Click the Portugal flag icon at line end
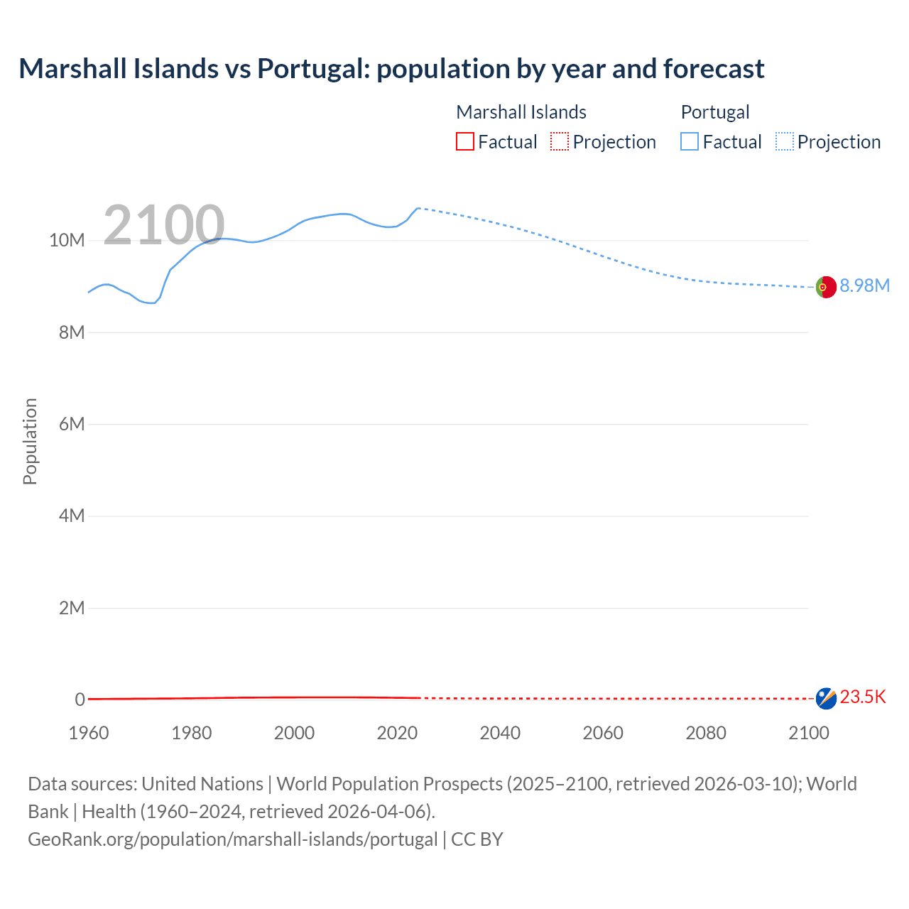[x=826, y=287]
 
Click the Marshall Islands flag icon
[x=826, y=698]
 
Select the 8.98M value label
[x=864, y=285]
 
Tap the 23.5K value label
[x=863, y=697]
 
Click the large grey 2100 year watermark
[x=164, y=225]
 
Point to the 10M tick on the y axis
[x=67, y=240]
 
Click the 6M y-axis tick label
[x=71, y=424]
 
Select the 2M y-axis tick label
[x=71, y=608]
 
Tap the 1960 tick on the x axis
[x=89, y=733]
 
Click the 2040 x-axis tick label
[x=500, y=733]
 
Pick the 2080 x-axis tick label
[x=706, y=733]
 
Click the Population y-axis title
[x=30, y=441]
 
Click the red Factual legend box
[x=465, y=141]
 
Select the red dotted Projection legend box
[x=560, y=141]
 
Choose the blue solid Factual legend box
[x=690, y=141]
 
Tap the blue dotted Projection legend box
[x=785, y=141]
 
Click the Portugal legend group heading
[x=715, y=112]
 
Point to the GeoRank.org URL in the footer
[x=233, y=839]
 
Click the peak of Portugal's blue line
[x=418, y=208]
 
